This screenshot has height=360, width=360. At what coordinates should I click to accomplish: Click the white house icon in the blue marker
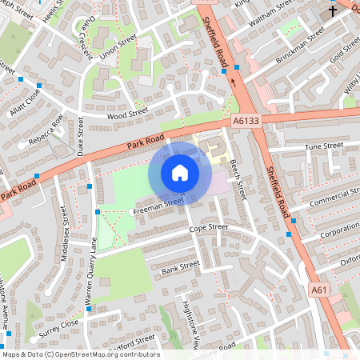click(x=180, y=172)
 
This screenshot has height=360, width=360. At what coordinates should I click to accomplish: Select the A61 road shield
click(x=319, y=290)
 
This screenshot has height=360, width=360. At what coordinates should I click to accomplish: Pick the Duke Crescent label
click(x=84, y=36)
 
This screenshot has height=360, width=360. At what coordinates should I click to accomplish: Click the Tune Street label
click(x=324, y=146)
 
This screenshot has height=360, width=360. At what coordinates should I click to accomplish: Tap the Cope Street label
click(x=208, y=228)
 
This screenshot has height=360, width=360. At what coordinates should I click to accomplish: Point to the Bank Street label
click(x=179, y=267)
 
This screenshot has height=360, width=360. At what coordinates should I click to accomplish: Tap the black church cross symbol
click(x=334, y=10)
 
